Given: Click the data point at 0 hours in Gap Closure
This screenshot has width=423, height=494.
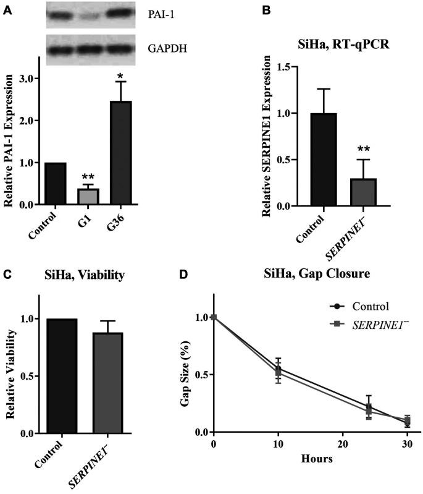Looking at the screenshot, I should tap(214, 317).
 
